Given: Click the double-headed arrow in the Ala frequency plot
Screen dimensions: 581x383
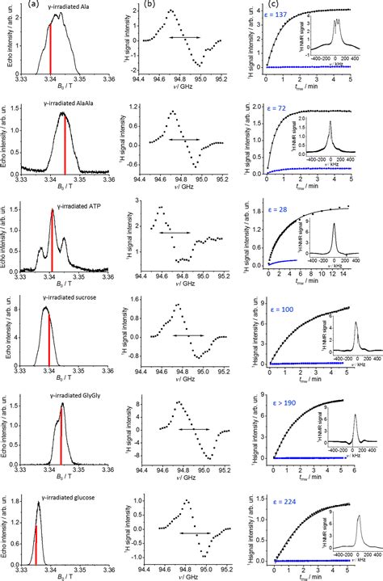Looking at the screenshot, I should pos(171,37).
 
